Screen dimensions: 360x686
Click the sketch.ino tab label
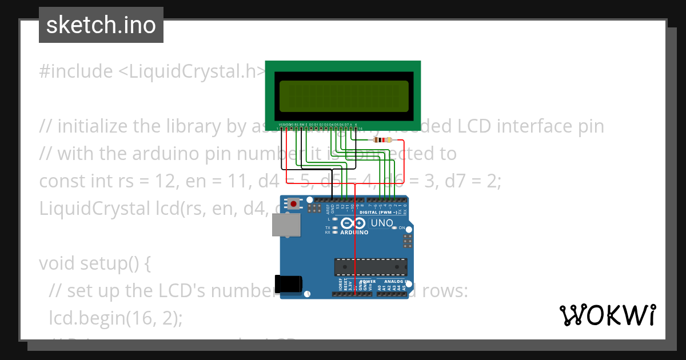coord(101,25)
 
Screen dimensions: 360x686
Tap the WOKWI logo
coord(607,315)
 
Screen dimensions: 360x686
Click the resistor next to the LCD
coord(382,140)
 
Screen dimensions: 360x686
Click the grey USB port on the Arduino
coord(284,225)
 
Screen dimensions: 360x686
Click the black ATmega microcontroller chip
coord(371,267)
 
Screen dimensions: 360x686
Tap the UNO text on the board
coord(382,223)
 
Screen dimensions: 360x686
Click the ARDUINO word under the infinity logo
coord(354,233)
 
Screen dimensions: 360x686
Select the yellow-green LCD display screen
coord(344,95)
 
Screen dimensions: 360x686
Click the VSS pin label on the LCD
coord(281,124)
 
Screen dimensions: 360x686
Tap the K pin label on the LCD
coord(356,124)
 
